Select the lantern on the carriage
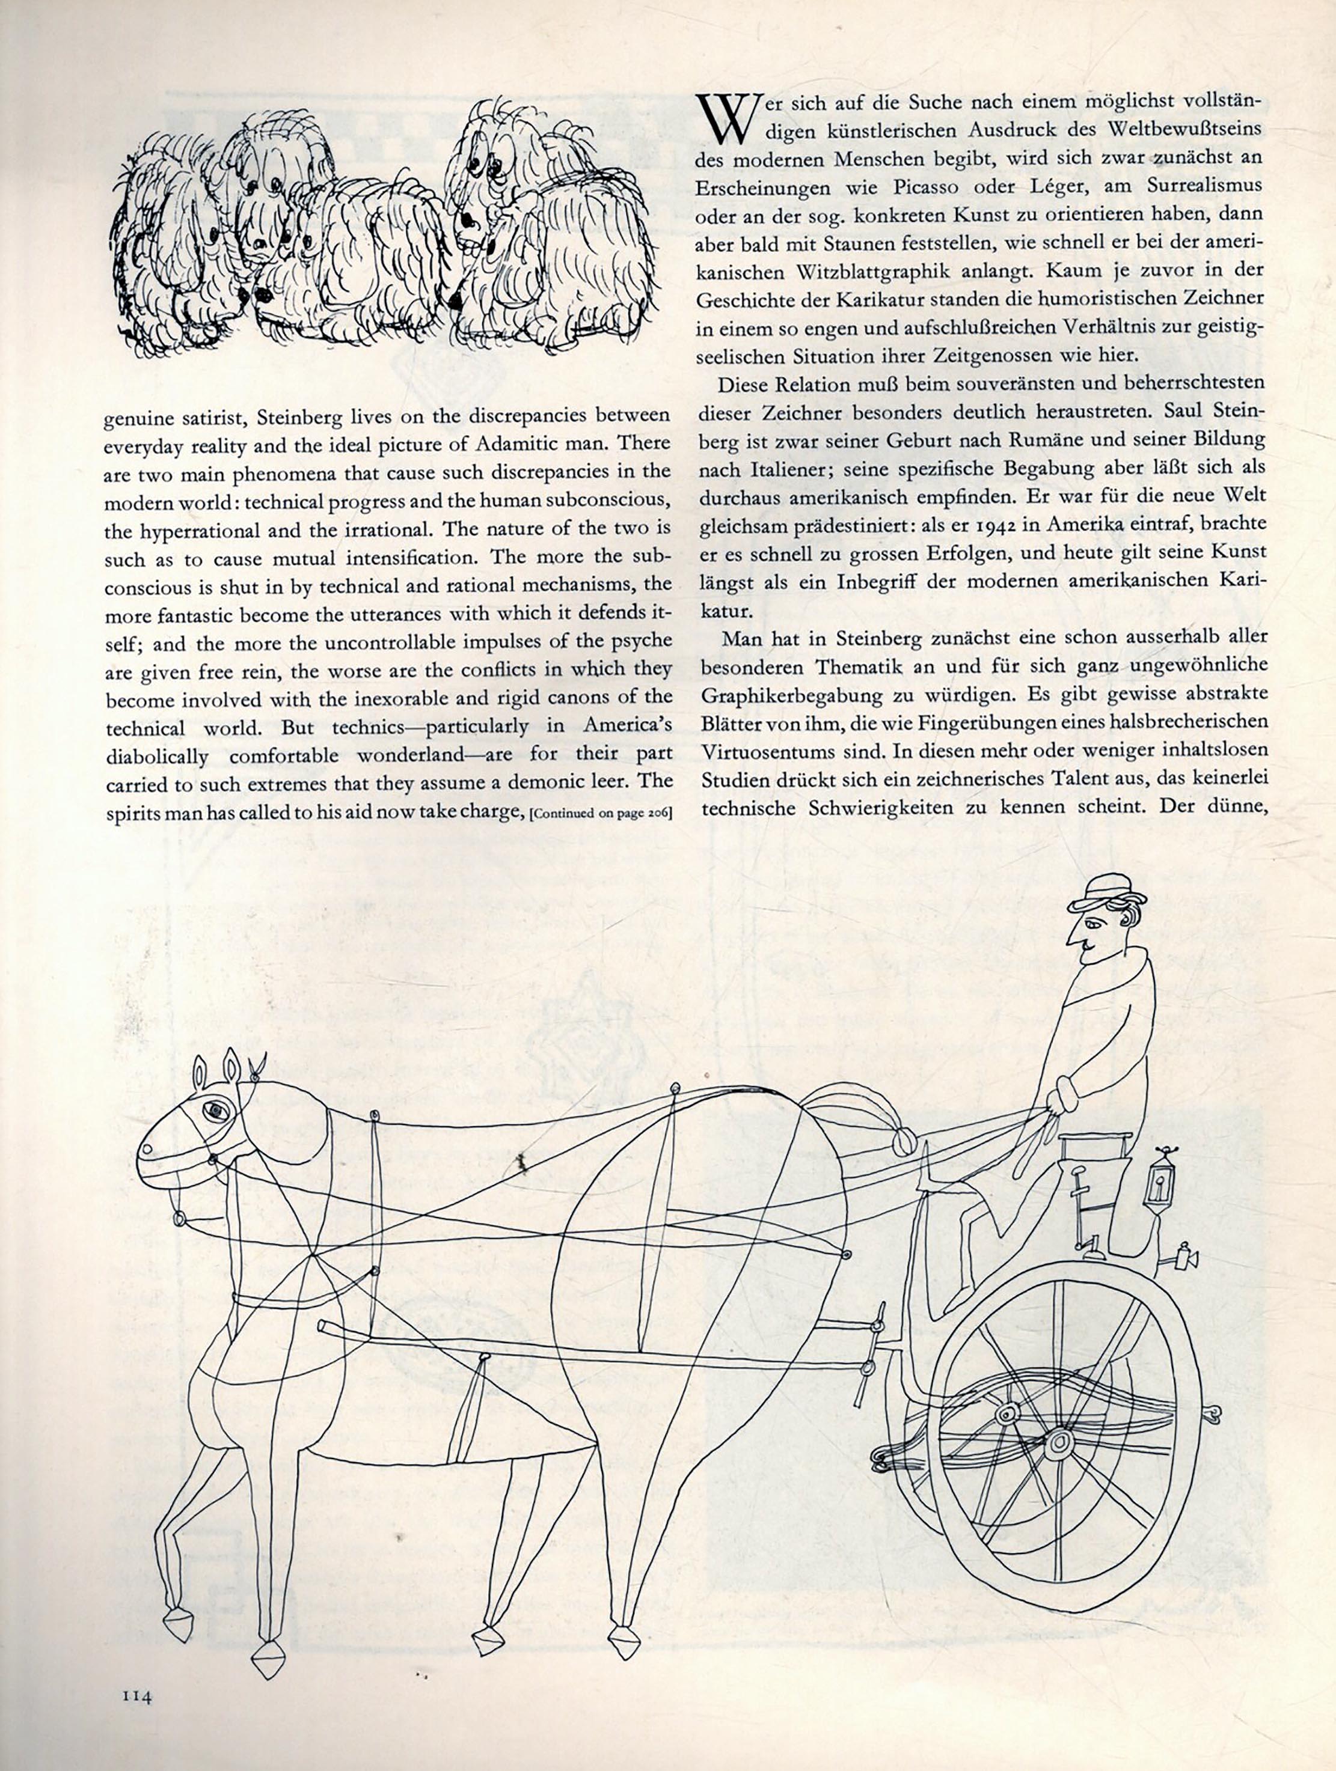click(x=1160, y=1178)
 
